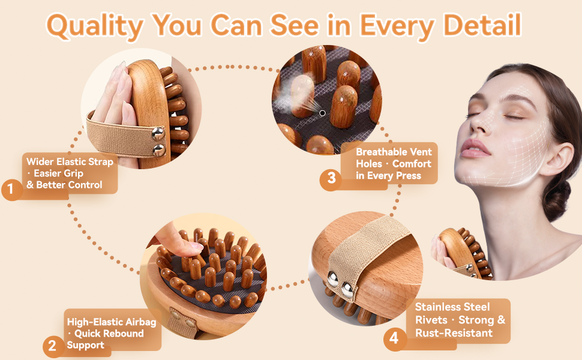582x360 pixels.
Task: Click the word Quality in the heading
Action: coord(95,26)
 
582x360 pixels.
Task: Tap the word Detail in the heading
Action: coord(482,25)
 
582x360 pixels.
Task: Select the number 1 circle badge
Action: coord(11,190)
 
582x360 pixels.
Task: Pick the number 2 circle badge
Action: coord(53,346)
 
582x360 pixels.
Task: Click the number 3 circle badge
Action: coord(331,178)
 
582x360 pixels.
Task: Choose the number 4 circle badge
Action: coord(394,338)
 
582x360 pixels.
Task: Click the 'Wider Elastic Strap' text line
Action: coord(70,162)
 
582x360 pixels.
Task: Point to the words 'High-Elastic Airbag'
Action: coord(112,322)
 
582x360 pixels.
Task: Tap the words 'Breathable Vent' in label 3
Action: coord(394,152)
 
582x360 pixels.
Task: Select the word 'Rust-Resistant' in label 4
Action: coord(454,333)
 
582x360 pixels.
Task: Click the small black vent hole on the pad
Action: coord(322,113)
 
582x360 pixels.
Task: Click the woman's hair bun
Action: coord(557,199)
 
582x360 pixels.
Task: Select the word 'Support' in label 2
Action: coord(85,346)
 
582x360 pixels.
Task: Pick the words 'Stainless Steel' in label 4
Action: coord(452,307)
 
